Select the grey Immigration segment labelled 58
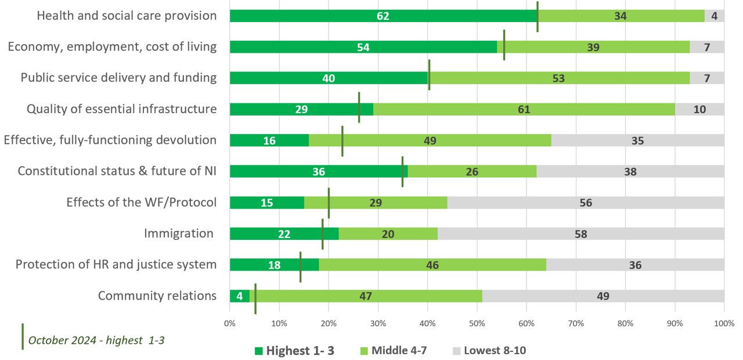(x=580, y=234)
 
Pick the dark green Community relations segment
(x=239, y=296)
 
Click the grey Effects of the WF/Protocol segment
(x=585, y=203)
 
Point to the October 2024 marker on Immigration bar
(x=323, y=234)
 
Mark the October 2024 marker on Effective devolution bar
(x=342, y=141)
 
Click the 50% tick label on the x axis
(x=477, y=323)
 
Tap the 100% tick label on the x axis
(x=724, y=323)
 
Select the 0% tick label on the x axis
(x=230, y=323)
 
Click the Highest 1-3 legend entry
(x=294, y=350)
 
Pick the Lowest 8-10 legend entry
(x=489, y=350)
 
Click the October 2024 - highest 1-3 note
(x=96, y=340)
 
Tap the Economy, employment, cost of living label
(x=112, y=47)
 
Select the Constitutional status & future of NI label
(x=117, y=171)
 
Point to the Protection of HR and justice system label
(x=116, y=265)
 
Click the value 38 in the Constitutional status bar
(x=630, y=172)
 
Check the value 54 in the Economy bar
(x=363, y=47)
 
